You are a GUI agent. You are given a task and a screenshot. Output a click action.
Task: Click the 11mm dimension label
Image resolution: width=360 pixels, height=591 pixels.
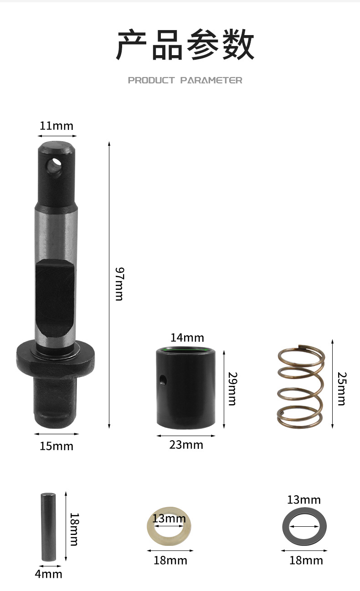click(x=57, y=126)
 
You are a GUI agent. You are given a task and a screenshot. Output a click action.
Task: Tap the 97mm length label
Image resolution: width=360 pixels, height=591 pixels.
click(x=119, y=284)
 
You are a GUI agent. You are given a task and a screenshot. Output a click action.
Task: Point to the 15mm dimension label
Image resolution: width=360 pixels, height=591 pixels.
click(x=57, y=446)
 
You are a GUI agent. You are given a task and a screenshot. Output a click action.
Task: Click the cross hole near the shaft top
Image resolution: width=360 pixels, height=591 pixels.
click(x=54, y=166)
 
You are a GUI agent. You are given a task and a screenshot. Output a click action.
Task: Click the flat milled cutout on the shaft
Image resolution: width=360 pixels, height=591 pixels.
click(x=55, y=298)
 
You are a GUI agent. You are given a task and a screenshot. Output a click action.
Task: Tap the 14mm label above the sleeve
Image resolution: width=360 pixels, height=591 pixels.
click(x=187, y=338)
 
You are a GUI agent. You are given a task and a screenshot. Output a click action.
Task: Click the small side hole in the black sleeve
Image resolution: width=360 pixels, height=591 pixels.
click(x=163, y=380)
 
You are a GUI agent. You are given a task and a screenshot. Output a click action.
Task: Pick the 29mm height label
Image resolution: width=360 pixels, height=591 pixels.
click(x=233, y=389)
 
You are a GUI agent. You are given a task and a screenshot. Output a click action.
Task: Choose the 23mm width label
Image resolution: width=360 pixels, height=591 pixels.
click(x=186, y=445)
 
